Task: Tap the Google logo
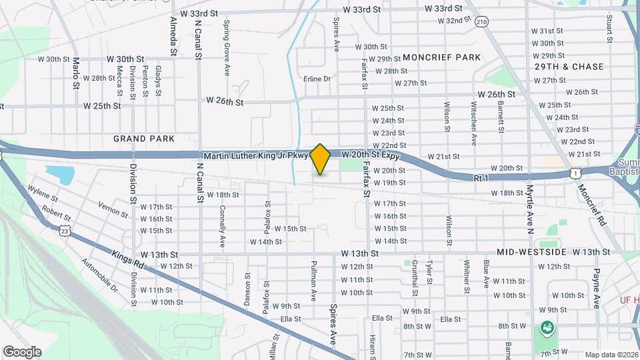(21, 351)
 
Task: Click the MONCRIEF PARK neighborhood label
(441, 58)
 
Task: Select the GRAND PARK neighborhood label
(144, 139)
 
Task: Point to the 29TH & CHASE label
(569, 67)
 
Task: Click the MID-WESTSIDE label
(531, 253)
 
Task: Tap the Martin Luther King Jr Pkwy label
(257, 155)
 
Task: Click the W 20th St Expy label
(370, 155)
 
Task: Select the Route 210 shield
(482, 23)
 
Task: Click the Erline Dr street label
(317, 79)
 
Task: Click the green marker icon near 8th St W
(547, 327)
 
